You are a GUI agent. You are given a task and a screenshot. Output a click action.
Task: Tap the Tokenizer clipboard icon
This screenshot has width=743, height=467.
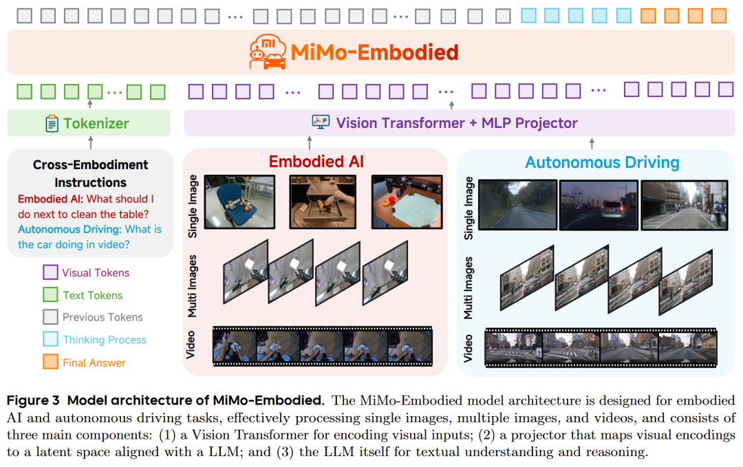pyautogui.click(x=52, y=123)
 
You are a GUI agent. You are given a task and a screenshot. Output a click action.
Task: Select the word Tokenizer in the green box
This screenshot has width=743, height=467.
pyautogui.click(x=96, y=124)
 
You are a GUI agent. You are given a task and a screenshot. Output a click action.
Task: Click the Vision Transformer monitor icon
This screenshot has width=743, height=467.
pyautogui.click(x=321, y=122)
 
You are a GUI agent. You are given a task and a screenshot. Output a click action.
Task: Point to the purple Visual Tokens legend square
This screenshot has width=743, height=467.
pyautogui.click(x=50, y=272)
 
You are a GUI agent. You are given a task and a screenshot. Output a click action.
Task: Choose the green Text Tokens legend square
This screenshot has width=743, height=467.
pyautogui.click(x=50, y=295)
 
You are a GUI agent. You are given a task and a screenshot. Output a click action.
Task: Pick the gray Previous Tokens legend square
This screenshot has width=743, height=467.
pyautogui.click(x=50, y=317)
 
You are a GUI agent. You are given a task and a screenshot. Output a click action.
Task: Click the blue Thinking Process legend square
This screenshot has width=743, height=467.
pyautogui.click(x=50, y=339)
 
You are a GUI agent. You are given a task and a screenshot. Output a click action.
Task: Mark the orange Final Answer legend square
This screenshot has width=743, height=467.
pyautogui.click(x=50, y=362)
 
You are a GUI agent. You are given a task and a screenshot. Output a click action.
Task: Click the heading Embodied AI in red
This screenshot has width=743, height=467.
pyautogui.click(x=316, y=162)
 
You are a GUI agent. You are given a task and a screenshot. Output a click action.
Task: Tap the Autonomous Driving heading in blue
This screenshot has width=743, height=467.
pyautogui.click(x=602, y=163)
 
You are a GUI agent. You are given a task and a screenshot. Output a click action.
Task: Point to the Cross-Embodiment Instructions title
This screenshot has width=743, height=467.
pyautogui.click(x=90, y=173)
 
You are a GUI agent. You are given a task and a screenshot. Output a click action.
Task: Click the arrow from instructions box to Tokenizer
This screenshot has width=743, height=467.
pyautogui.click(x=90, y=142)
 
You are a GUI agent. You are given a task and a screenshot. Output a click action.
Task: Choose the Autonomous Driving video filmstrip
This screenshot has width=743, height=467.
pyautogui.click(x=601, y=348)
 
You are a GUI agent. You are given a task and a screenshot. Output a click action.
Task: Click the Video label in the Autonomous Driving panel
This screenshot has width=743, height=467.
pyautogui.click(x=469, y=348)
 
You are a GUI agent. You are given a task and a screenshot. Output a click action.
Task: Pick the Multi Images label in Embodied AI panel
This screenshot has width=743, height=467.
pyautogui.click(x=193, y=285)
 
